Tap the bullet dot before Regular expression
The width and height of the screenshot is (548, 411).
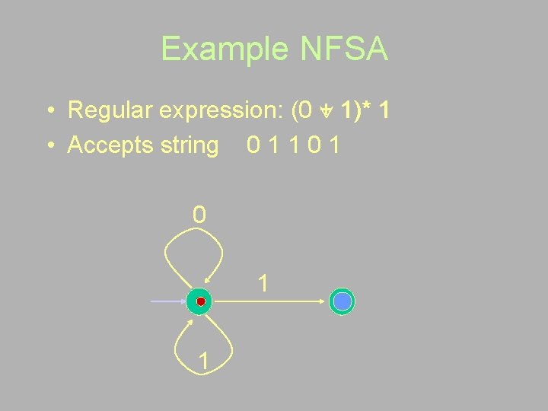coord(48,111)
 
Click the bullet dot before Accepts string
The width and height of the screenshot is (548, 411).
coord(48,145)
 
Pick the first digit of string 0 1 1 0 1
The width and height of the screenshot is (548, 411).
coord(254,145)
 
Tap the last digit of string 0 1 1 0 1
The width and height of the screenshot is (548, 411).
coord(334,145)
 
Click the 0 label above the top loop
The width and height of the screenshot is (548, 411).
coord(199,215)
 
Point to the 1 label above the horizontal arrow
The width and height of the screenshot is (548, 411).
coord(263,284)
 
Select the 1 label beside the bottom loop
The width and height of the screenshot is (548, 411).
coord(202,361)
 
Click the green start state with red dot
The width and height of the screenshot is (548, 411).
coord(199,302)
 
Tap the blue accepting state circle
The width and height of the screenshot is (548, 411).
coord(342,302)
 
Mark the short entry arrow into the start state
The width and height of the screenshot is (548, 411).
coord(167,302)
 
